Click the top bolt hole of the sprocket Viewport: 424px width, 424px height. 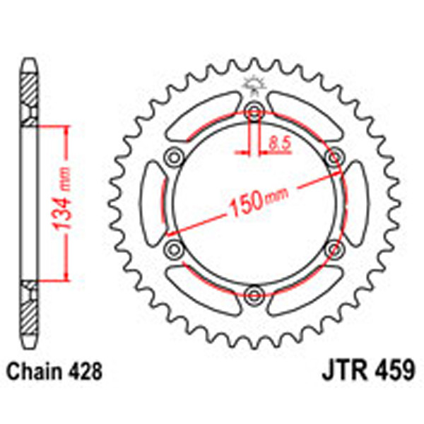[254, 110]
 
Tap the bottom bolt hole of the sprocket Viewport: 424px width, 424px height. [254, 295]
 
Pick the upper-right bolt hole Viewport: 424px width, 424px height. [334, 156]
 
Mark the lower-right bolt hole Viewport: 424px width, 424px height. [334, 249]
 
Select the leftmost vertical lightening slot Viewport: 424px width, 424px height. [153, 202]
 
